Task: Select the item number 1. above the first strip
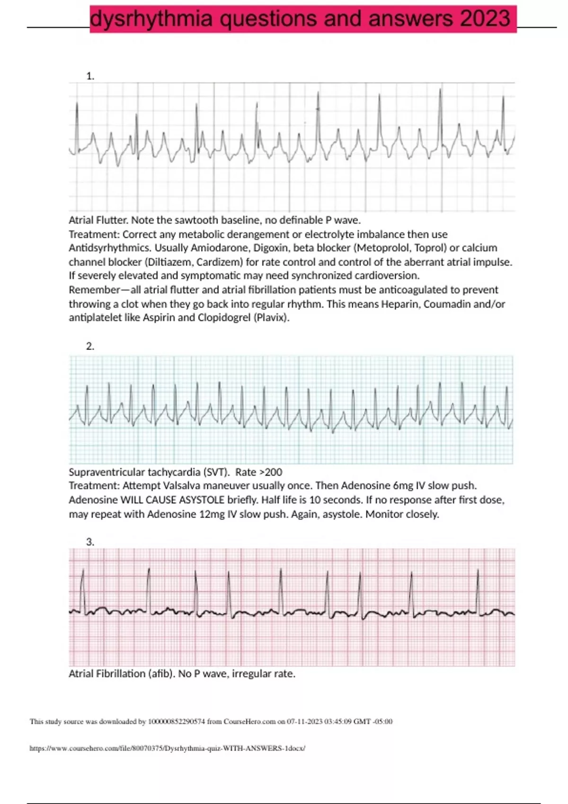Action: click(x=90, y=76)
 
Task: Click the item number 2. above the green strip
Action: click(x=90, y=346)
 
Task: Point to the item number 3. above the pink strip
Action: click(x=90, y=542)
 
